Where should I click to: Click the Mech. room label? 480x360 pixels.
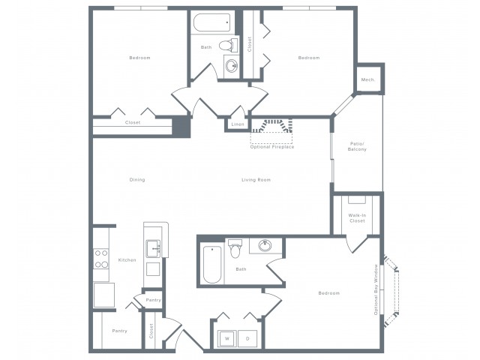point(368,79)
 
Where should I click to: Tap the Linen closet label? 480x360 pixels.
point(238,124)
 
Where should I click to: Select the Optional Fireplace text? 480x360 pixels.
point(272,147)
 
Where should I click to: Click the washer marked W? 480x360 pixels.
point(227,338)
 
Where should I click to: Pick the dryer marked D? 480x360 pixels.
point(247,338)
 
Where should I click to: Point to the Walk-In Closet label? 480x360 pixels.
point(357,218)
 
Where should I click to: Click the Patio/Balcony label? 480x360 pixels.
point(357,147)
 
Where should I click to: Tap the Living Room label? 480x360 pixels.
point(256,180)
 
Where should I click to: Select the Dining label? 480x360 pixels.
point(137,180)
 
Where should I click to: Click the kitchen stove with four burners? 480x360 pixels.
point(101,259)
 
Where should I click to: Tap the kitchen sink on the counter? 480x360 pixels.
point(153,248)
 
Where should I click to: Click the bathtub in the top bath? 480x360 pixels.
point(211,22)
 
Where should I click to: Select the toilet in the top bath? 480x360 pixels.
point(228,45)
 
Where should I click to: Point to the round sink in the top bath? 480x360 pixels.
point(232,65)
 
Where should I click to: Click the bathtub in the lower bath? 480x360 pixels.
point(212,265)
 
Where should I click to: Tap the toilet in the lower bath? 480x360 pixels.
point(235,248)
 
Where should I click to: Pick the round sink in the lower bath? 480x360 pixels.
point(265,245)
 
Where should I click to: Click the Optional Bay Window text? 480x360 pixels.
point(376,289)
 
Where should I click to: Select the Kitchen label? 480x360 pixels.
point(127,260)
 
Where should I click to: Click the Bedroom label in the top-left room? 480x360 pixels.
point(139,58)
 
